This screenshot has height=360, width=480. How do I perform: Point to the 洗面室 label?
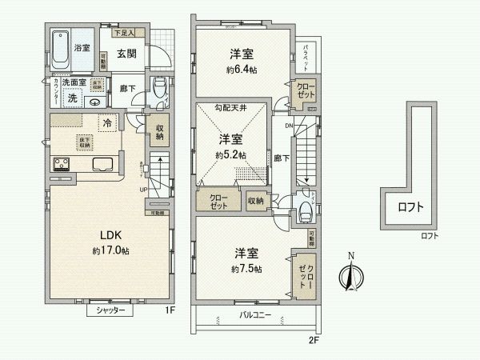coord(74,82)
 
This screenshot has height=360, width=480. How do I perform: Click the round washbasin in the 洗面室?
coord(95,101)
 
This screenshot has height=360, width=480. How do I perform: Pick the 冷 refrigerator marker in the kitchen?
coord(106,122)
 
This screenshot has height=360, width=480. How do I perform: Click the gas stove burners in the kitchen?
coord(62,166)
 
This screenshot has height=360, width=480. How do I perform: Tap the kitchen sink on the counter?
coord(105,166)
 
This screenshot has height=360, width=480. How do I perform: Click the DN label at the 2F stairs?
coord(288,124)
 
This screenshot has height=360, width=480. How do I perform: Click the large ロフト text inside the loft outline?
coord(411,208)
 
